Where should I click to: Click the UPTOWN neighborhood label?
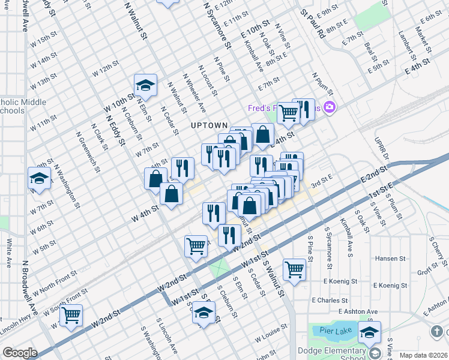click(209, 125)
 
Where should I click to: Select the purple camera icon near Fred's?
click(328, 108)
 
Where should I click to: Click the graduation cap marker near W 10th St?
click(145, 87)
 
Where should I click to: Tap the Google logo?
click(20, 353)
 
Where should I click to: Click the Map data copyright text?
click(423, 355)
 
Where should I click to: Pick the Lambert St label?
click(409, 47)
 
